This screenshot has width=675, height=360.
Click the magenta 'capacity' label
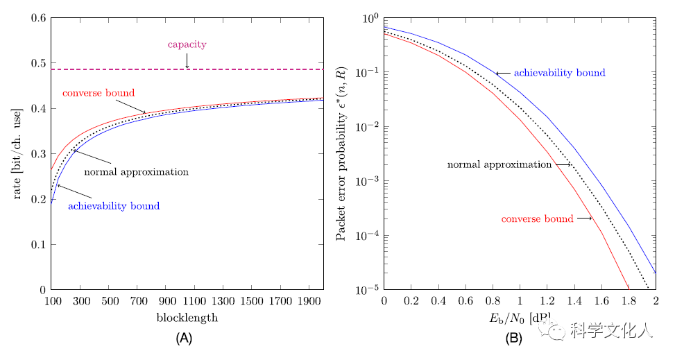click(x=187, y=44)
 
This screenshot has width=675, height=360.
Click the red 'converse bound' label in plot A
click(x=99, y=93)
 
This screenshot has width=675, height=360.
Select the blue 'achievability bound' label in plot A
click(x=114, y=206)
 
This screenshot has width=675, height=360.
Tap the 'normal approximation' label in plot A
click(x=136, y=172)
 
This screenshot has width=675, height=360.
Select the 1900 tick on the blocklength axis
click(x=309, y=302)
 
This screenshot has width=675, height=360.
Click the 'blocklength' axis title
click(x=187, y=318)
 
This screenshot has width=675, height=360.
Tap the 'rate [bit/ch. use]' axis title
click(x=19, y=153)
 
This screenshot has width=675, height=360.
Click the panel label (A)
click(x=184, y=338)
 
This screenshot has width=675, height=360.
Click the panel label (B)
click(x=514, y=338)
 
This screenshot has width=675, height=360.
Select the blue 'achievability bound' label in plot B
click(x=559, y=73)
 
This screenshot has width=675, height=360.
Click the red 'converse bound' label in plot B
click(x=537, y=219)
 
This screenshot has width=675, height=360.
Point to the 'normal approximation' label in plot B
click(x=499, y=165)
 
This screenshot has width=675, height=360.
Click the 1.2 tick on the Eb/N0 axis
click(x=547, y=302)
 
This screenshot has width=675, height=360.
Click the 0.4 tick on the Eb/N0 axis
click(x=438, y=302)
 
